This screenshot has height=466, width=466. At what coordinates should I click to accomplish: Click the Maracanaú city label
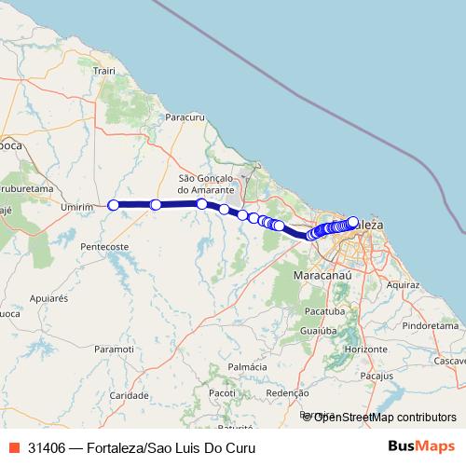pos(322,277)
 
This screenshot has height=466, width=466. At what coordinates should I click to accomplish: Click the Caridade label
pos(129,395)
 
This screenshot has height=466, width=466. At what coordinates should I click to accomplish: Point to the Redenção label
pos(287,393)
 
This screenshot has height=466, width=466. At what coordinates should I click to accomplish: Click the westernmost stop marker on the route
pos(114,205)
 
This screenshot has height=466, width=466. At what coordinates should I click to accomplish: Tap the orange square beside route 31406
pos(14,447)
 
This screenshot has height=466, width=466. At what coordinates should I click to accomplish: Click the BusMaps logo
pos(421,446)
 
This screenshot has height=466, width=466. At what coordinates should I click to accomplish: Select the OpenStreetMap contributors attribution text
pos(385,417)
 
